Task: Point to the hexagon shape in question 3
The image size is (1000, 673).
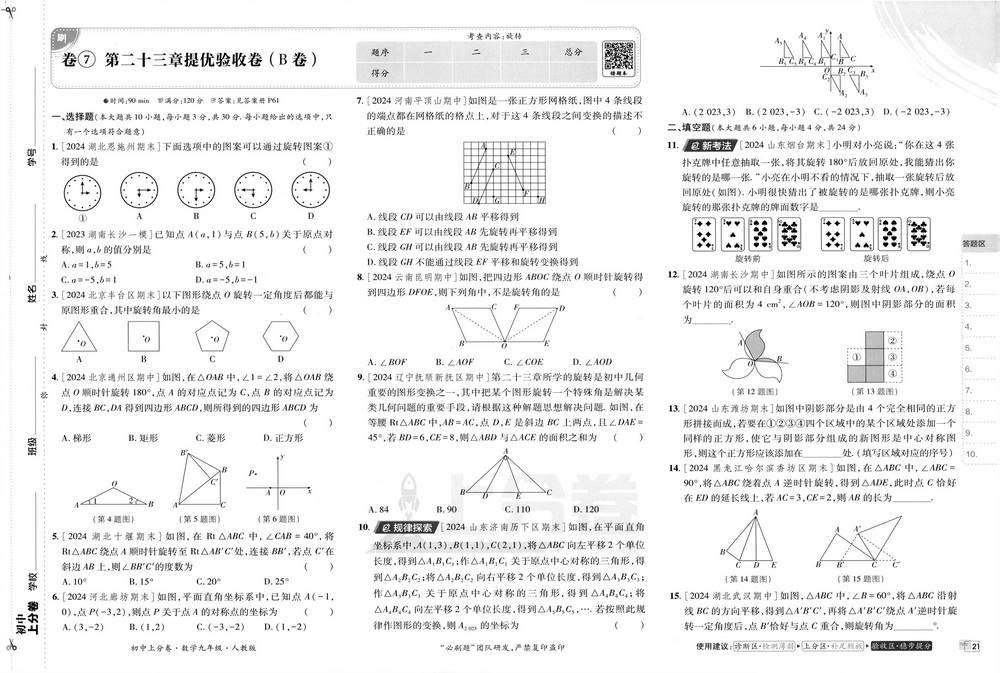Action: click(x=279, y=337)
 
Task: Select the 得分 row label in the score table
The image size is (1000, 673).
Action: click(x=380, y=73)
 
